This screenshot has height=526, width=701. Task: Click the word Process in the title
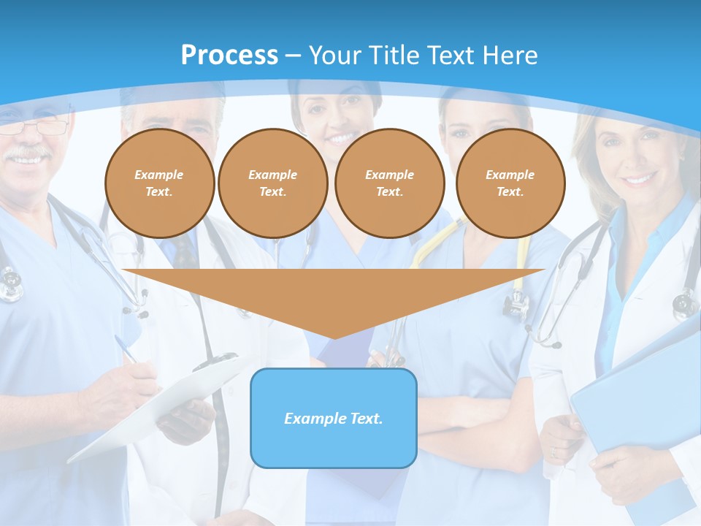(229, 55)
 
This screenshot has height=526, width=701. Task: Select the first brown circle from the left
(159, 183)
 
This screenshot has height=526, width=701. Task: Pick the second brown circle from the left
(273, 183)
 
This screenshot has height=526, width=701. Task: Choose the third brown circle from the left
(390, 183)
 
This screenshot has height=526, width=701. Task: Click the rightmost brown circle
(510, 183)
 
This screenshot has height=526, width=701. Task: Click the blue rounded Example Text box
(334, 418)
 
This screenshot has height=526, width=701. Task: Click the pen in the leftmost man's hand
(126, 348)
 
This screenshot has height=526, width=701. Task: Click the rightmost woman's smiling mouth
(638, 178)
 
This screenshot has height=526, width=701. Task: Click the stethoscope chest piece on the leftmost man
(10, 285)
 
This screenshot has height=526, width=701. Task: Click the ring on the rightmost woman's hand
(553, 452)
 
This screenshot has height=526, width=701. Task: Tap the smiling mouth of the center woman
(341, 137)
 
